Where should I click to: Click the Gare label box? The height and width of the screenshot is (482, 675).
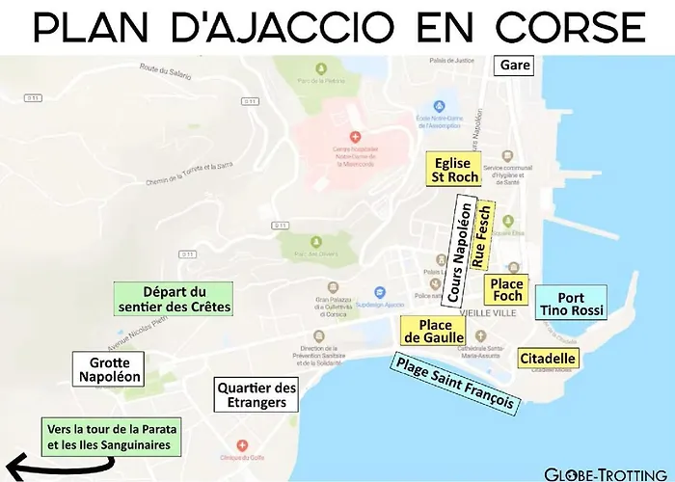512,66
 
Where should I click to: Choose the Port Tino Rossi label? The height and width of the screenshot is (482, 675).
570,304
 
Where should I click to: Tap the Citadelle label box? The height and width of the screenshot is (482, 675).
548,359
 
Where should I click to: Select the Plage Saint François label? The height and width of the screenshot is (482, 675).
452,384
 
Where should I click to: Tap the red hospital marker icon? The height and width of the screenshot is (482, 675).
355,137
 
